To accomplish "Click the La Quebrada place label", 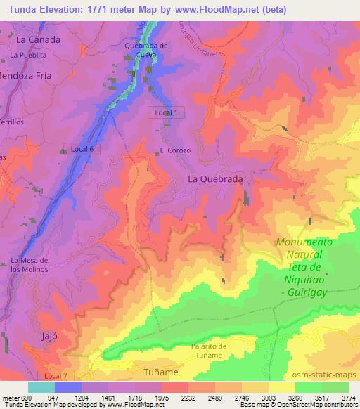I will (216, 179).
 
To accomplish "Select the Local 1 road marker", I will (167, 112).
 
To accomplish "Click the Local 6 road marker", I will (77, 148).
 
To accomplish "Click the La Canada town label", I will (39, 39).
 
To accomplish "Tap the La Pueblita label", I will (28, 54).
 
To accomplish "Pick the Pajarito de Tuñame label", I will (209, 350).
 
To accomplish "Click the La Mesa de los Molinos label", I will (29, 265).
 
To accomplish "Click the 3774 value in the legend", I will (348, 397).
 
